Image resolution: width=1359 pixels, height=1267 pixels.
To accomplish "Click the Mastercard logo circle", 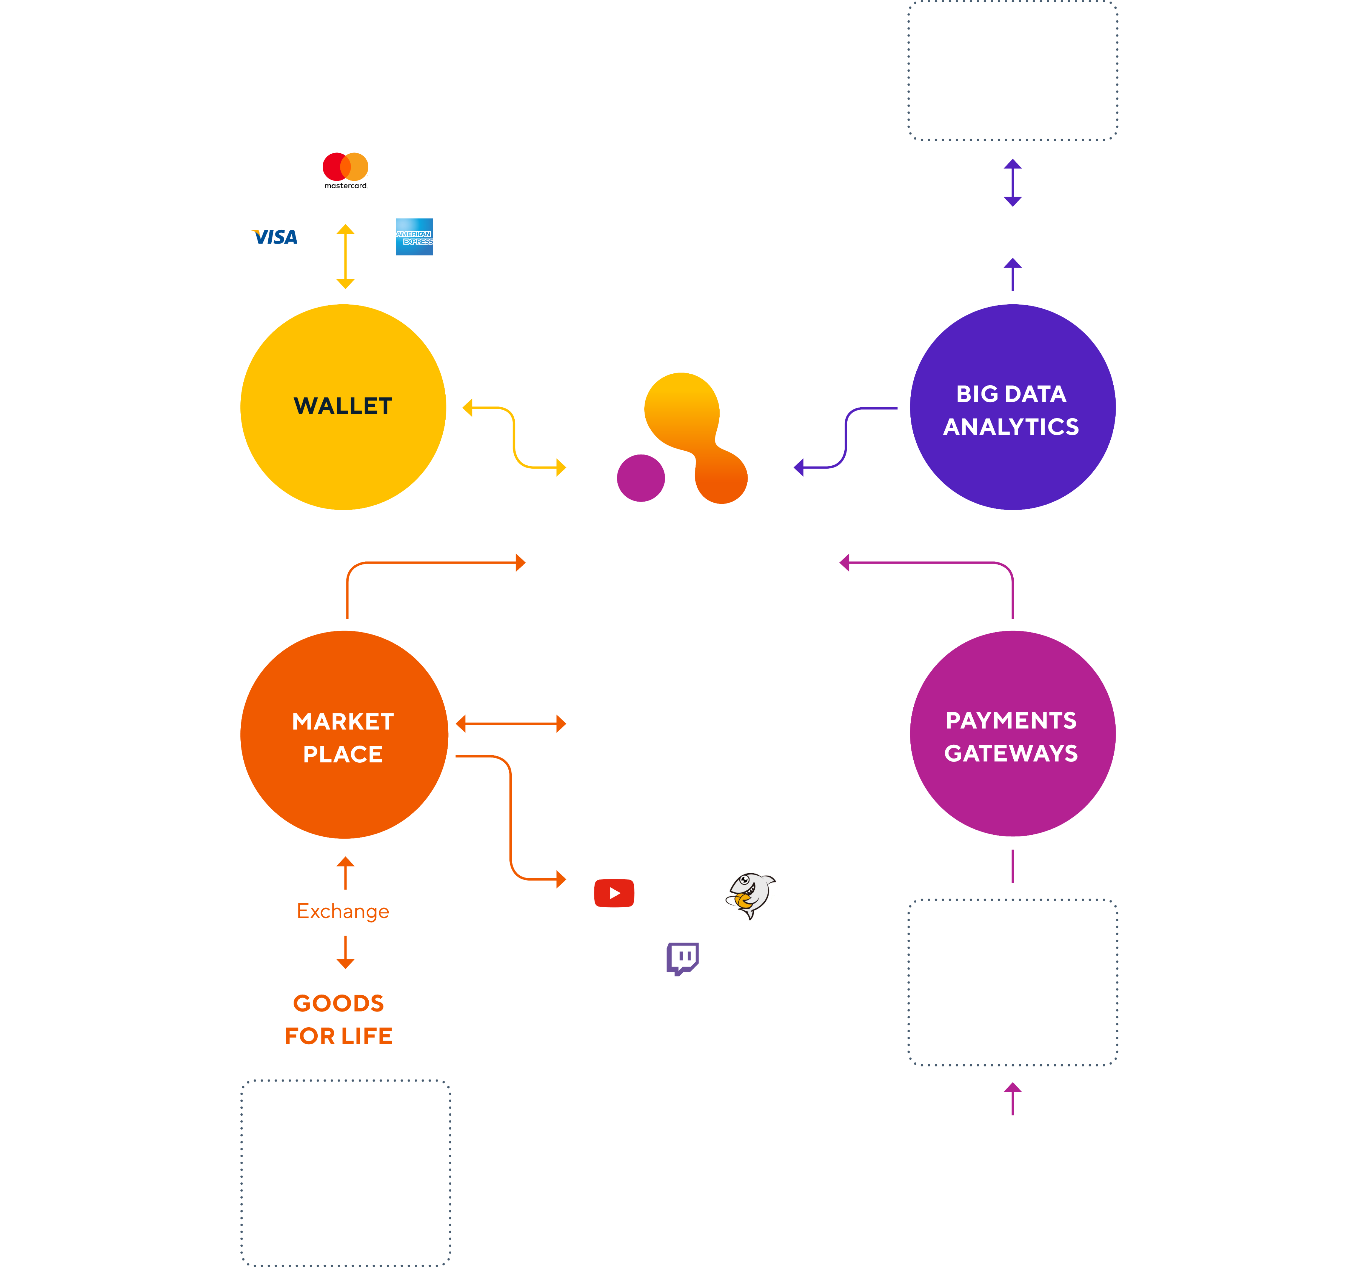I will coord(345,170).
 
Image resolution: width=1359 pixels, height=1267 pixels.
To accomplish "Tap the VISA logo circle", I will coord(277,237).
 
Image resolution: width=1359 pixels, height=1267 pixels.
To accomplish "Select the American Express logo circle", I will coord(414,237).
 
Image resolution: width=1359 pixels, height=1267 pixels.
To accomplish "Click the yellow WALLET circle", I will coord(343,407).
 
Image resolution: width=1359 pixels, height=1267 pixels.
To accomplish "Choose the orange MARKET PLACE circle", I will coord(344,735).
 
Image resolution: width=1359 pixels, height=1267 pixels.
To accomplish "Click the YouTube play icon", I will coord(614,893).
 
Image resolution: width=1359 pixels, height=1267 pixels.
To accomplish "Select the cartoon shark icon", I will coord(751,893).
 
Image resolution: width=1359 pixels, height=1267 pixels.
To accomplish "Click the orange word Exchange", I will coord(343,911).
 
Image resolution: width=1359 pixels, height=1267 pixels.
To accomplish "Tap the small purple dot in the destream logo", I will coord(641,478).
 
